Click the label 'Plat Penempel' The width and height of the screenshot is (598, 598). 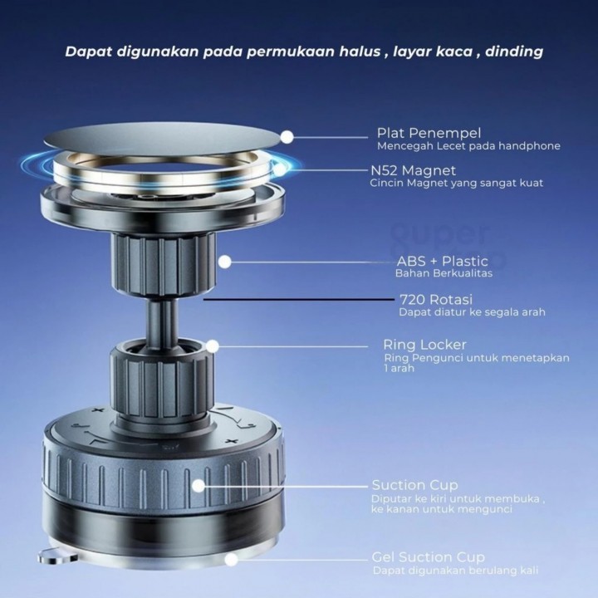tap(429, 133)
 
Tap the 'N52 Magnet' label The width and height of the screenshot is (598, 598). tap(413, 170)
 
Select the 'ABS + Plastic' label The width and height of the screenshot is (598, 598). tap(443, 262)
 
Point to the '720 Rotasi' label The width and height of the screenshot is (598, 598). tap(436, 299)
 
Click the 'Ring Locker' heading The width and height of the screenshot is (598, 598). tap(424, 345)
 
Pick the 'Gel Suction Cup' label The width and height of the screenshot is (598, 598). tap(428, 557)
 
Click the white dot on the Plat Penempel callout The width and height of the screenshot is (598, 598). tap(287, 137)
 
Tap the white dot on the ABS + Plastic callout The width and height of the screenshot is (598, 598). tap(225, 262)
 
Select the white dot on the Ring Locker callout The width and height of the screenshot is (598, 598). tap(213, 346)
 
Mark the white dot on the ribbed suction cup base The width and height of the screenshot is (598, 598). tap(199, 486)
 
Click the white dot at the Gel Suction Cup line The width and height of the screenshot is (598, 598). tap(231, 560)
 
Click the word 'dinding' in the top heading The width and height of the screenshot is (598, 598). tap(514, 51)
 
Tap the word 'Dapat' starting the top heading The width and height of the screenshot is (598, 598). tap(88, 51)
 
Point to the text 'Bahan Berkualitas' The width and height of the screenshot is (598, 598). tap(444, 273)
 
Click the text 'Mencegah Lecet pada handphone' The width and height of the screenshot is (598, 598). tap(468, 146)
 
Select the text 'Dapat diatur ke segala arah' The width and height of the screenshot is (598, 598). tap(472, 312)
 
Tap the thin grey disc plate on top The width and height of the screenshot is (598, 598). tap(162, 139)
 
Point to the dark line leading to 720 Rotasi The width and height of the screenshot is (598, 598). tap(299, 300)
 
